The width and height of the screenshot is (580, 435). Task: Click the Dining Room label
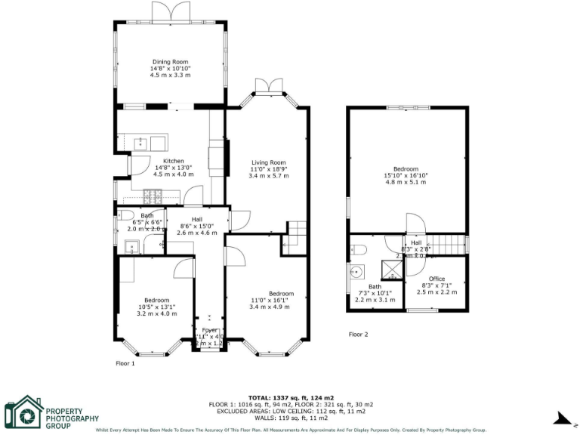pos(170,62)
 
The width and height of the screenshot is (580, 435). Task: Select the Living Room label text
pos(269,162)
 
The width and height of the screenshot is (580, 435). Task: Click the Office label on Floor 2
pos(437,279)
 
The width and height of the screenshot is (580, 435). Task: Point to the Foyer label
pos(209,330)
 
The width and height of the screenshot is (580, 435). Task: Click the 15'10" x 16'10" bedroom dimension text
pos(406,175)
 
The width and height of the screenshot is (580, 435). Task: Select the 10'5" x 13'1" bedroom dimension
pos(157,307)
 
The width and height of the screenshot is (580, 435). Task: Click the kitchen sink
pos(140,143)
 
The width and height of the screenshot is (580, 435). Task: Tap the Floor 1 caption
pos(125,363)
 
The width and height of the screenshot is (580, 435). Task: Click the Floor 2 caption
pos(358,334)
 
